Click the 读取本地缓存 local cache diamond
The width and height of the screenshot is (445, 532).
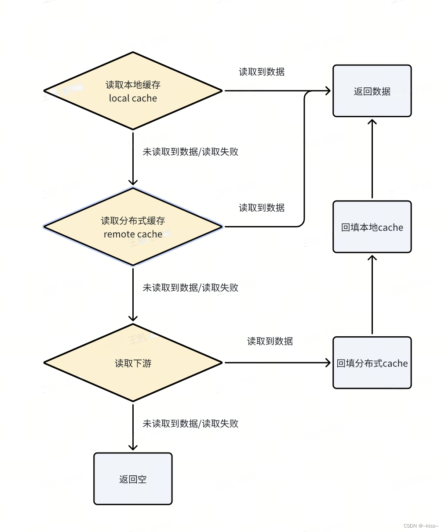pos(133,91)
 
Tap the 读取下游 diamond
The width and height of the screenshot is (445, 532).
pos(133,363)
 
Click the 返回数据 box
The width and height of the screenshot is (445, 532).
pos(372,91)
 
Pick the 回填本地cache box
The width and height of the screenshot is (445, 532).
pos(372,227)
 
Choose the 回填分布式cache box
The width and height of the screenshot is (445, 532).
pos(372,363)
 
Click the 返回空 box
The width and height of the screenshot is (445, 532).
pos(133,479)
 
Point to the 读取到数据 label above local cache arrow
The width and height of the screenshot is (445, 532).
pos(262,72)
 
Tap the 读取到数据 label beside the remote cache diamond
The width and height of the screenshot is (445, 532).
pos(262,208)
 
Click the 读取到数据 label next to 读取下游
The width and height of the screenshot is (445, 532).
pos(270,341)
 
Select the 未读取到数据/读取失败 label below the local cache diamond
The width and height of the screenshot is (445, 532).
pos(190,151)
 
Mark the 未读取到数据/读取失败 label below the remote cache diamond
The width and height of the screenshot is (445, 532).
pos(190,288)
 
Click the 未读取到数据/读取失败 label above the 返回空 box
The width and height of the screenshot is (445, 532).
pos(190,424)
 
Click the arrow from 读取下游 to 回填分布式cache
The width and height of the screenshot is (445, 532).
pos(277,363)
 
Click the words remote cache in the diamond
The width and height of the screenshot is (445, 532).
pos(133,234)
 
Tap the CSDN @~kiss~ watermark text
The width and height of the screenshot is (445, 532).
pos(421,525)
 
